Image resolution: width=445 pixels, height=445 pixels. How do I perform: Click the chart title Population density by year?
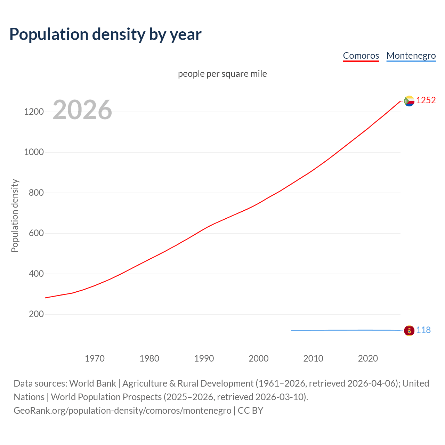(x=105, y=34)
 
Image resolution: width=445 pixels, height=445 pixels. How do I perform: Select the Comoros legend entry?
(x=361, y=56)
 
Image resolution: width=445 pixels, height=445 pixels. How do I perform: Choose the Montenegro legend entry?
(x=411, y=56)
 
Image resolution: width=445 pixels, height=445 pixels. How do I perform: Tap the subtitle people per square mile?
(x=222, y=74)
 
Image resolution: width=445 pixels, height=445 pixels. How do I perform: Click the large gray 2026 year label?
(x=82, y=110)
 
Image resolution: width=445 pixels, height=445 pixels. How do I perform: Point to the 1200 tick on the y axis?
(x=34, y=112)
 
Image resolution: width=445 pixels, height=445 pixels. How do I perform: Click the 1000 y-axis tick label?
(x=34, y=152)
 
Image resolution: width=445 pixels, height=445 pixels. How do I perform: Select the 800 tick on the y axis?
(x=36, y=193)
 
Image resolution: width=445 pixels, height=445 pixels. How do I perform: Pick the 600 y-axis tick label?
(x=36, y=233)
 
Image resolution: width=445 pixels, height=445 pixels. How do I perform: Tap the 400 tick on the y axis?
(x=36, y=274)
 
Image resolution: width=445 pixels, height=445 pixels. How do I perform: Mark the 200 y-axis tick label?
(x=36, y=314)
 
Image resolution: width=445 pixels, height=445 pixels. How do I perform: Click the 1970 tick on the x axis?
(x=95, y=358)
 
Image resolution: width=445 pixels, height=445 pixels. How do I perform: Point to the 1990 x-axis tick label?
(x=204, y=358)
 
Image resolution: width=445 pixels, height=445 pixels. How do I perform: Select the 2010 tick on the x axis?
(x=313, y=358)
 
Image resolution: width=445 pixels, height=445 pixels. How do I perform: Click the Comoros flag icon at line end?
(x=409, y=101)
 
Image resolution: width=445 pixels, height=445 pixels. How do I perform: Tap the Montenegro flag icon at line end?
(x=409, y=330)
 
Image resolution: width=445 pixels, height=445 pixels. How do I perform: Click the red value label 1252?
(x=426, y=100)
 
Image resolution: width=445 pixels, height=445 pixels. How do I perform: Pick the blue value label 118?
(x=423, y=330)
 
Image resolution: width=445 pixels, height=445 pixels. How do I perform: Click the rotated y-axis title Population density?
(x=15, y=216)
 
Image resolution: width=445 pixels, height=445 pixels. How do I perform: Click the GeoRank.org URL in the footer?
(x=122, y=411)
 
